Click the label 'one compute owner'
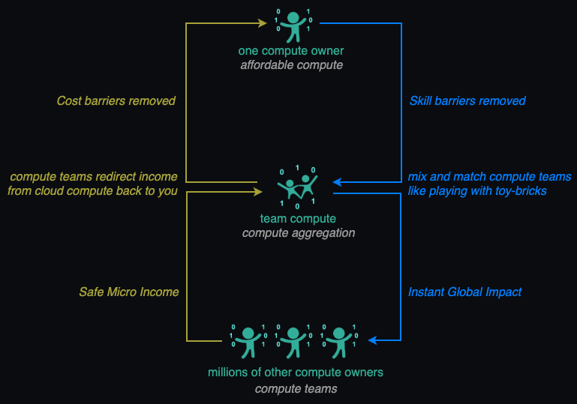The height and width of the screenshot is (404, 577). [291, 51]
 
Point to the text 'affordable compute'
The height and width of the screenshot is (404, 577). [291, 65]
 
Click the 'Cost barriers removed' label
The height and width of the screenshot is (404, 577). [116, 100]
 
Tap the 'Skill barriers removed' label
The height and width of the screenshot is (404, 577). [467, 100]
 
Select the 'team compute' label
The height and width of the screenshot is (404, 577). [298, 219]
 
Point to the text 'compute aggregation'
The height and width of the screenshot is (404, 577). [298, 233]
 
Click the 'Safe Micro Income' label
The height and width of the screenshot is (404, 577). [129, 292]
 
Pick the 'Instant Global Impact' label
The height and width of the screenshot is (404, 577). [465, 292]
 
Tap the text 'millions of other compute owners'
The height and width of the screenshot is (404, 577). [296, 373]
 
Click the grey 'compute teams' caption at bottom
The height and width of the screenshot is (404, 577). [296, 389]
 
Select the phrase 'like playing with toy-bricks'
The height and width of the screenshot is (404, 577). [477, 190]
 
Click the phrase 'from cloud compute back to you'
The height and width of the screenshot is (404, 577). [92, 190]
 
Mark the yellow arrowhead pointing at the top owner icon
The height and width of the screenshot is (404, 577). [263, 23]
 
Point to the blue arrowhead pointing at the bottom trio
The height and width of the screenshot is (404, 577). [373, 340]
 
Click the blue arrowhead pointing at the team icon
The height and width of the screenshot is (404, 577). [338, 181]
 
